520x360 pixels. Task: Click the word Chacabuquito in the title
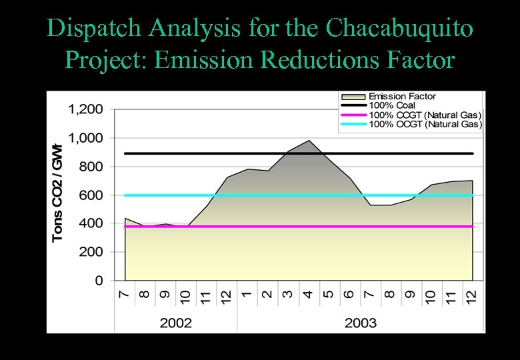(400, 28)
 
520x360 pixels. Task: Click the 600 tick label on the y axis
(91, 195)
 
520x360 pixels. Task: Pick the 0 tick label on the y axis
(99, 281)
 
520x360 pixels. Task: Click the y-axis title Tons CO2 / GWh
(58, 193)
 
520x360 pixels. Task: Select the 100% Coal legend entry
(392, 105)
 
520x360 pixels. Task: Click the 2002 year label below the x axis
(176, 323)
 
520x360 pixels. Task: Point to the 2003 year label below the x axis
(360, 323)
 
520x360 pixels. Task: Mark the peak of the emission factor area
(309, 141)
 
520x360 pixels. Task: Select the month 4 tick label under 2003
(308, 294)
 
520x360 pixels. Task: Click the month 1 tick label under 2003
(247, 294)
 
